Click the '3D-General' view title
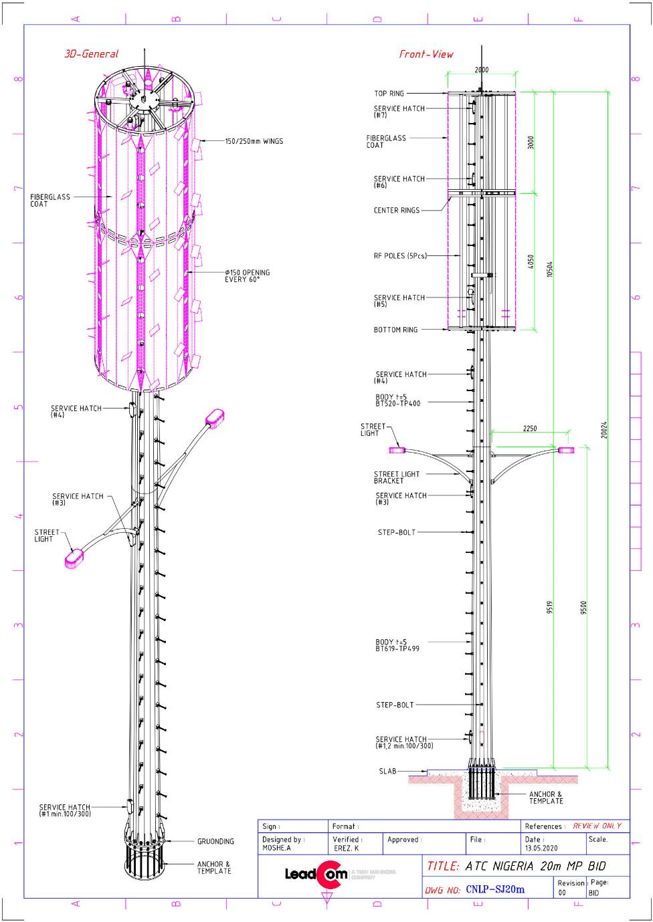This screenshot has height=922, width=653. (x=91, y=54)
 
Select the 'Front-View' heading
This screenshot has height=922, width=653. (x=426, y=54)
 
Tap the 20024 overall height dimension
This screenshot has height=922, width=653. (x=604, y=430)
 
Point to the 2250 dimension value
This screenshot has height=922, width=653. (x=529, y=429)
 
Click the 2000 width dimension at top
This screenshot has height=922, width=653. (x=481, y=70)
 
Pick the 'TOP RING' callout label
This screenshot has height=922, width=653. (x=389, y=94)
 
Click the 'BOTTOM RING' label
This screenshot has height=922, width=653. (x=395, y=330)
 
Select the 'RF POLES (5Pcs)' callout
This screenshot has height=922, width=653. (x=400, y=255)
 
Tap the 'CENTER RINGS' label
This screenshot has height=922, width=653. (x=397, y=211)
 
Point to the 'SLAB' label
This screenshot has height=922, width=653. (x=387, y=771)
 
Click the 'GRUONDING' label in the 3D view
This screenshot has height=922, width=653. (x=215, y=841)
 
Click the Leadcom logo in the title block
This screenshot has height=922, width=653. (x=315, y=875)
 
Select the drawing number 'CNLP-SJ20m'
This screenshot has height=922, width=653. (x=495, y=889)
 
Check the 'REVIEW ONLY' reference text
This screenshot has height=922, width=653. (x=597, y=826)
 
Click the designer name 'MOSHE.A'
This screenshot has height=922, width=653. (x=276, y=848)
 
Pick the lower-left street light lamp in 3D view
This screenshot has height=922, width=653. (x=73, y=558)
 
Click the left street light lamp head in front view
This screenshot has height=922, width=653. (x=400, y=449)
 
